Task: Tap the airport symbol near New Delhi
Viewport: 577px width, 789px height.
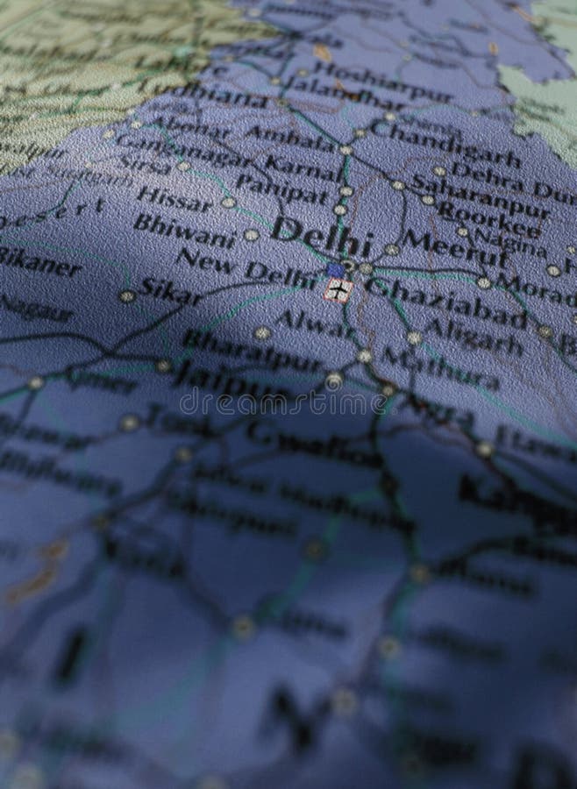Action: coord(338,290)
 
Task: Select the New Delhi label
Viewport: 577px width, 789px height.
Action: coord(246,267)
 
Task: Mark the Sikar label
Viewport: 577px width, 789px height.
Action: coord(172,290)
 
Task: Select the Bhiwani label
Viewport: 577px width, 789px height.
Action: coord(184,230)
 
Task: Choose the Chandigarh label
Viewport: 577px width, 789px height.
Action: coord(445,141)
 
